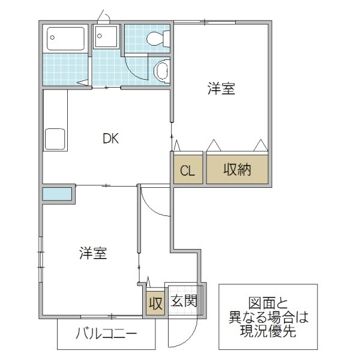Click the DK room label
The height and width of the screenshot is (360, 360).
tap(111, 139)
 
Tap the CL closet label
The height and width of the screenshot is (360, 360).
tap(188, 170)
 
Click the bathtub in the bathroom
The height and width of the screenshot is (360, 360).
tap(67, 39)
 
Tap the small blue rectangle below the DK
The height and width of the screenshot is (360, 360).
tap(58, 193)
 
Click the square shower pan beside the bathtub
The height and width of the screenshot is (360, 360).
tap(107, 37)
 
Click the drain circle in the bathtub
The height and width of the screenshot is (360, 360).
tap(52, 36)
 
